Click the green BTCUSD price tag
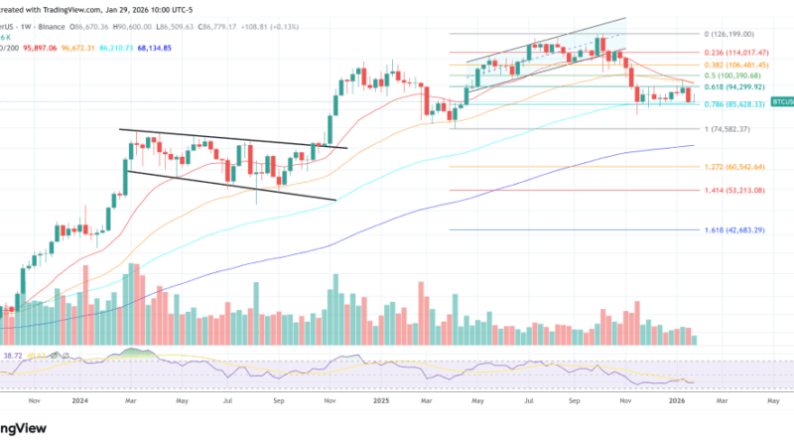(x=784, y=101)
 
